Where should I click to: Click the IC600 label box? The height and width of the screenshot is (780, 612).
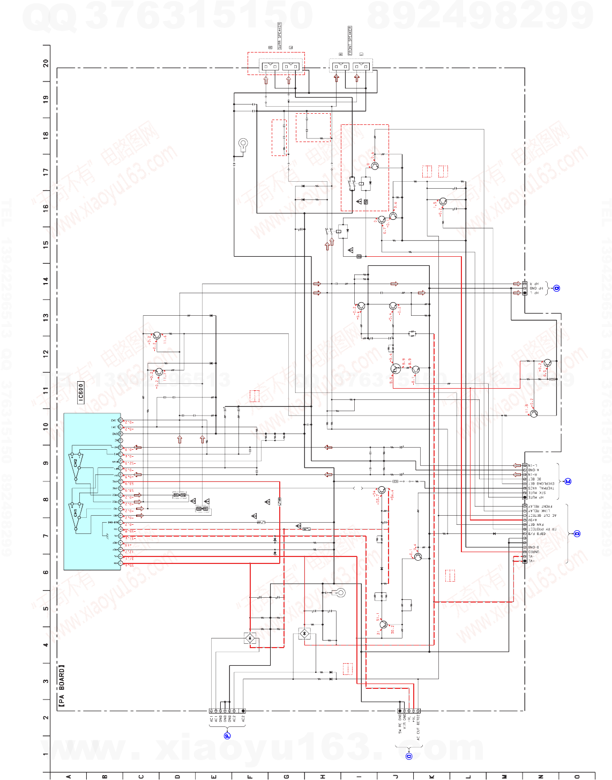point(81,392)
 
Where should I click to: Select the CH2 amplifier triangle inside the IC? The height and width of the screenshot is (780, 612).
point(76,462)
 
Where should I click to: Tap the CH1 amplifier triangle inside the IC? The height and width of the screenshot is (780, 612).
point(76,513)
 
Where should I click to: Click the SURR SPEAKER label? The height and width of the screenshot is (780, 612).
point(279,36)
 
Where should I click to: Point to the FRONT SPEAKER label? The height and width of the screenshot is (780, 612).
point(350,40)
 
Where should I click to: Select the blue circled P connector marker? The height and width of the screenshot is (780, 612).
point(227,736)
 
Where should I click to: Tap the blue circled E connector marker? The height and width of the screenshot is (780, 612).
point(568,481)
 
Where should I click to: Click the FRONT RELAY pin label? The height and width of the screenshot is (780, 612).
point(540,506)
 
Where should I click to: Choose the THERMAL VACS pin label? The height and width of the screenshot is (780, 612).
point(540,488)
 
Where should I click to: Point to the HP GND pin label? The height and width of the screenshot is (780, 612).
point(536,288)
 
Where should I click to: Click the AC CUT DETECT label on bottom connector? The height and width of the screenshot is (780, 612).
point(419,730)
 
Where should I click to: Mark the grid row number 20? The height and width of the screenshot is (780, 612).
point(46,63)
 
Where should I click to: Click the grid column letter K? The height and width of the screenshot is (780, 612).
point(432,776)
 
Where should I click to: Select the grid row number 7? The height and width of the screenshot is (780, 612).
point(46,536)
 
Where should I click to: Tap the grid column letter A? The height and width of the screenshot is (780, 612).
point(69,776)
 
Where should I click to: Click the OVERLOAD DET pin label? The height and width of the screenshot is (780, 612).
point(542,484)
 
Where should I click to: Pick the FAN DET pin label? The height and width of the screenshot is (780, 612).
point(536,524)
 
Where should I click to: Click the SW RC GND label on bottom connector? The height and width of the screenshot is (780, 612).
point(400,724)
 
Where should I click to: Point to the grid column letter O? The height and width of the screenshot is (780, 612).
point(577,776)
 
